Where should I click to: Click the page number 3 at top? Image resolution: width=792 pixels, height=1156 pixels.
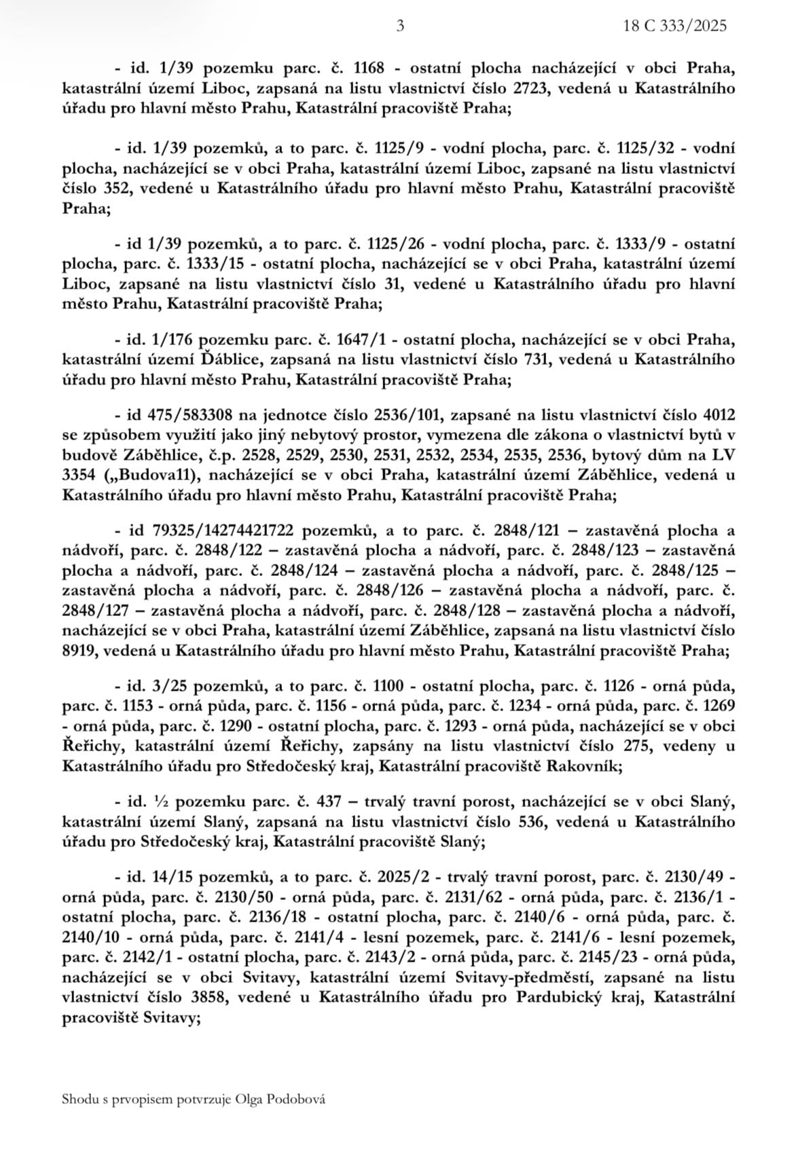(x=399, y=26)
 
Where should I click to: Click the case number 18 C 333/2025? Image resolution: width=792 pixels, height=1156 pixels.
(x=676, y=26)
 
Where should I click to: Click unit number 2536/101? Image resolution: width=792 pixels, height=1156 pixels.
(x=407, y=414)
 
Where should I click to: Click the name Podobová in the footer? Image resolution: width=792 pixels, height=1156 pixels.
(x=300, y=1099)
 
